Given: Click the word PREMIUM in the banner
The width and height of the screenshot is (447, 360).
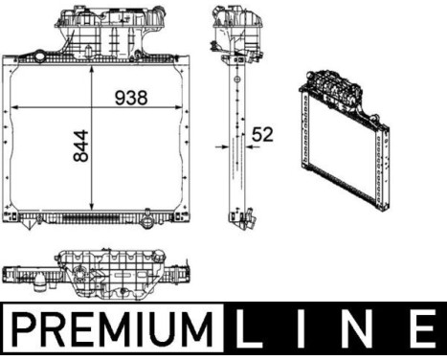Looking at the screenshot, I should (113, 330).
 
